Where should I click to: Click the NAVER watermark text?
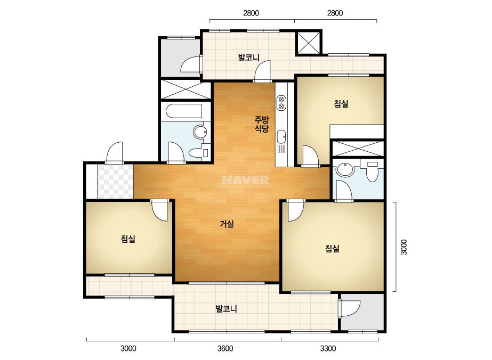(245, 180)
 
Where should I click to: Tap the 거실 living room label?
(227, 224)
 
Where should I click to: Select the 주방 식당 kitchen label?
(261, 124)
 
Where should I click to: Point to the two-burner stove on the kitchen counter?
(281, 103)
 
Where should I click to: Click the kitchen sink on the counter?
(281, 137)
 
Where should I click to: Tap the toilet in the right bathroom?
(373, 172)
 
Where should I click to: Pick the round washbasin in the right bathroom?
(345, 170)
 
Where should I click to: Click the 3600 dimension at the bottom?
(225, 348)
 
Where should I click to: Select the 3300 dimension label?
(328, 348)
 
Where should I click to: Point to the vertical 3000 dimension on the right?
(404, 247)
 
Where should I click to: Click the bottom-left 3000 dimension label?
(128, 348)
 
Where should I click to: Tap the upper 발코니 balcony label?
(249, 58)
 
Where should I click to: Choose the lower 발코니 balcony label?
(226, 308)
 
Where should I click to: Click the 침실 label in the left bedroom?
(128, 239)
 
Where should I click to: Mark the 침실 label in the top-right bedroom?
(341, 103)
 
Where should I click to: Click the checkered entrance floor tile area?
(115, 181)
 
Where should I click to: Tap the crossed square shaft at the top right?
(309, 43)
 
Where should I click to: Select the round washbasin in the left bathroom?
(200, 132)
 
